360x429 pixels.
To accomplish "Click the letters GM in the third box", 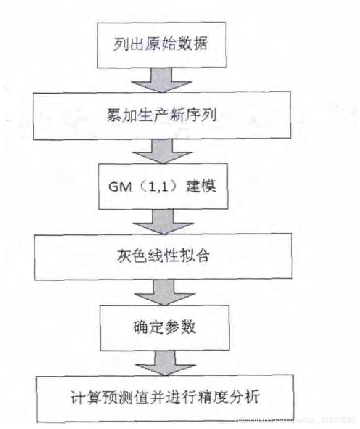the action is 119,187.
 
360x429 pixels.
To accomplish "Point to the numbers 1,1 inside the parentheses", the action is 156,187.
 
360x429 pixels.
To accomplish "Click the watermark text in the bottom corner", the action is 295,420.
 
